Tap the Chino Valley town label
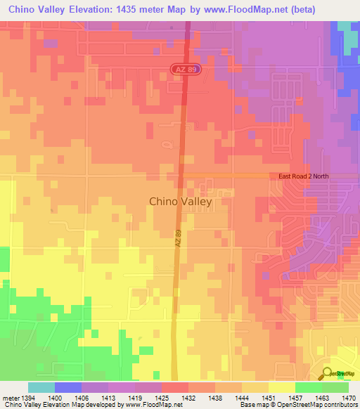coord(180,201)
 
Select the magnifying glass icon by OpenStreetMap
coord(326,373)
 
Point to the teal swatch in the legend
coord(41,387)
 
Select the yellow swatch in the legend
coord(282,387)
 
